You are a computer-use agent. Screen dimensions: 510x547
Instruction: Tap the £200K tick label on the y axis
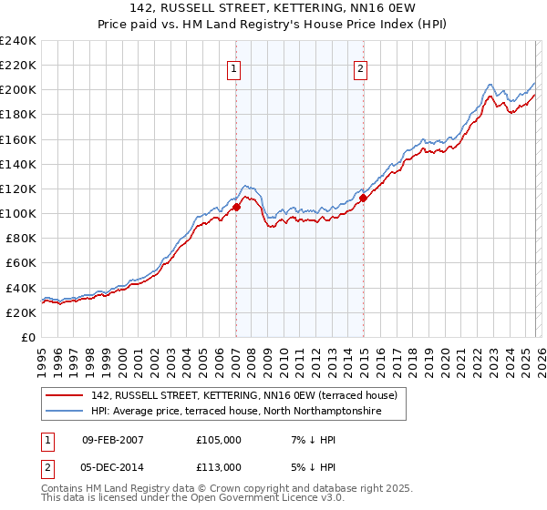[18, 90]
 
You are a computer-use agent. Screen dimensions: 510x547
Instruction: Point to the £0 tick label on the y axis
[28, 337]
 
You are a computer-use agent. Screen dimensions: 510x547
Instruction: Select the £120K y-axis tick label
[18, 189]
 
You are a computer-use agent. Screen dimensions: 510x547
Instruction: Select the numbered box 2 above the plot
[361, 67]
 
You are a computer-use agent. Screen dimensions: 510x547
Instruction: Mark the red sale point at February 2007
[236, 207]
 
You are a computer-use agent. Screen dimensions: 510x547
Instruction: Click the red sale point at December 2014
[363, 197]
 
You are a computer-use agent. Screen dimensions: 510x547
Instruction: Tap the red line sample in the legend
[67, 396]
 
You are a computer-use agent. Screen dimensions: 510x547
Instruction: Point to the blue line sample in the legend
[67, 412]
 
